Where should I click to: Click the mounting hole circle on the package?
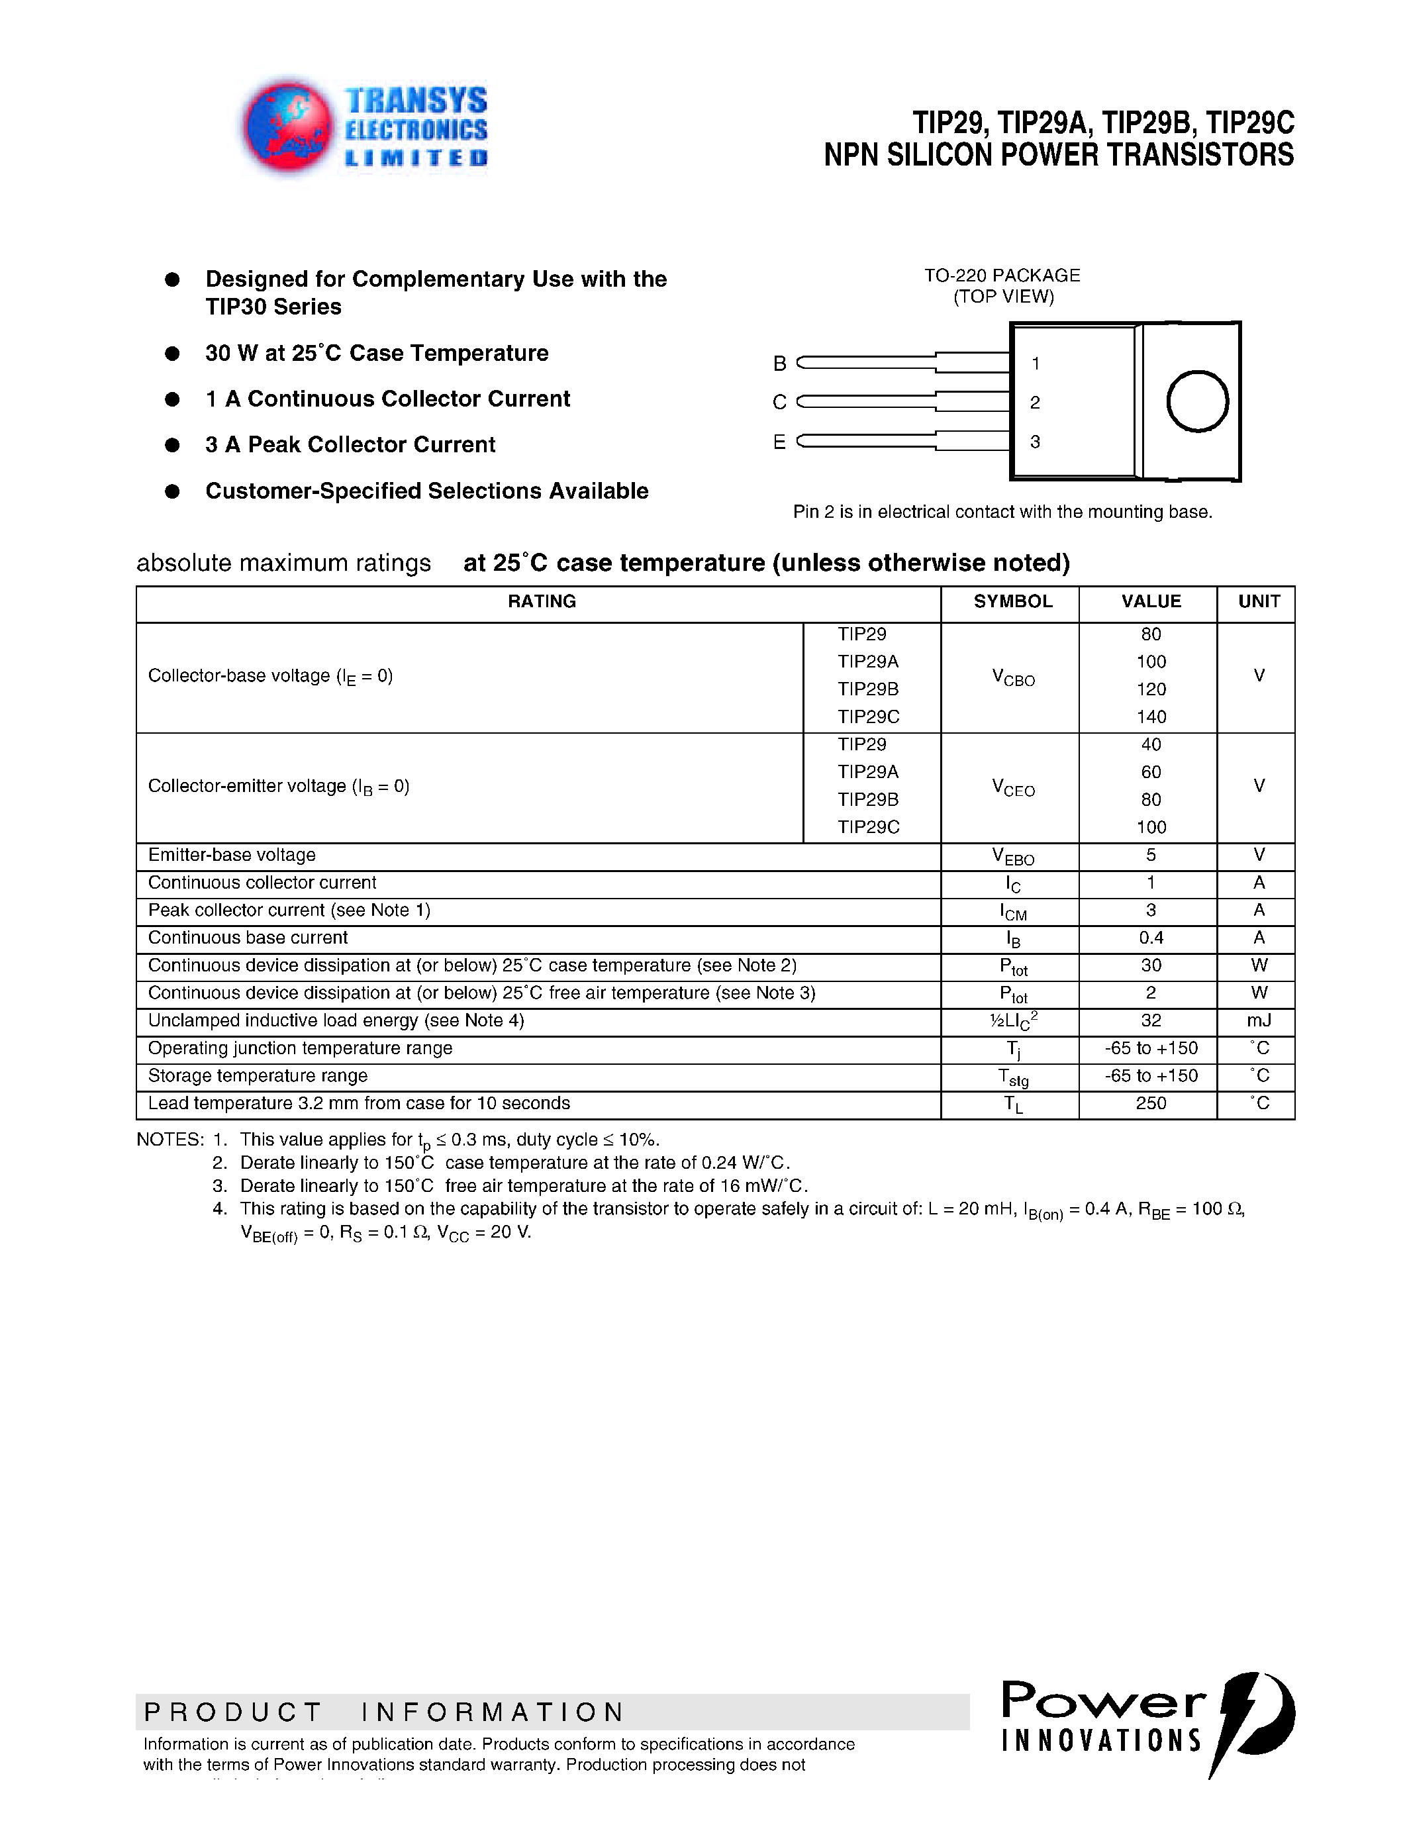[x=1197, y=401]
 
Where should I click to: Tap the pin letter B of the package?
[x=779, y=364]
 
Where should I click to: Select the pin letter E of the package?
[x=779, y=442]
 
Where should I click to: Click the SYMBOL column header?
[x=1013, y=601]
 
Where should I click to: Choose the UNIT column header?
[x=1259, y=601]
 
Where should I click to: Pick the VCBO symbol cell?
[x=1013, y=678]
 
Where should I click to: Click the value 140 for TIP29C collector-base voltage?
[x=1151, y=717]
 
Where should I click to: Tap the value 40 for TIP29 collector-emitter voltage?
[x=1151, y=744]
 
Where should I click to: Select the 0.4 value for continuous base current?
[x=1151, y=938]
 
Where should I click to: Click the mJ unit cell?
[x=1259, y=1020]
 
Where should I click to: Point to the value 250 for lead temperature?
[x=1151, y=1103]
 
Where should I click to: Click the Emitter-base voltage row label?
[x=232, y=856]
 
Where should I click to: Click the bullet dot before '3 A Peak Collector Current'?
[x=173, y=445]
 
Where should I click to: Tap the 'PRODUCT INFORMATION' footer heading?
[x=383, y=1712]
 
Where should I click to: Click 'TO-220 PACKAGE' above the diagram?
[x=1002, y=275]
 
